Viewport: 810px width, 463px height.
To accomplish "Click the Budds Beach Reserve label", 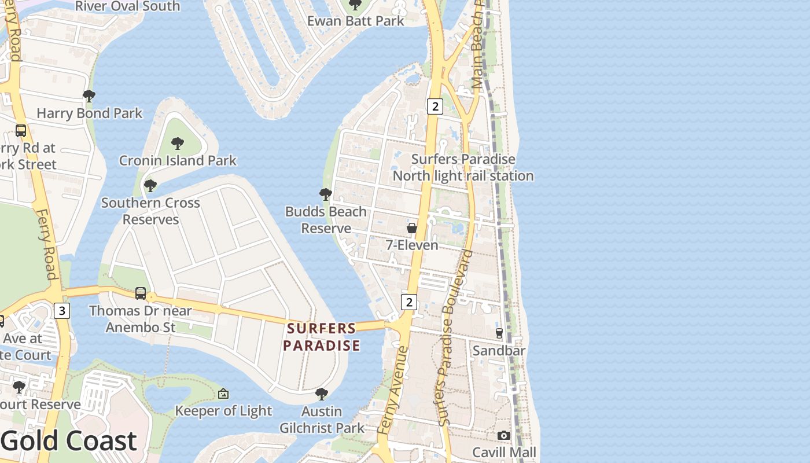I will pos(326,220).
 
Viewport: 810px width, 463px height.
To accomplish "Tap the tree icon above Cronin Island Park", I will pos(178,143).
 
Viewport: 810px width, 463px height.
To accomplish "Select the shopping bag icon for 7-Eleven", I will pos(412,228).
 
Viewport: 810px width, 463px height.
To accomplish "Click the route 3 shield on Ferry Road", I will pos(62,311).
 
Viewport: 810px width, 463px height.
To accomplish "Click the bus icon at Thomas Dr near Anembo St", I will pos(141,293).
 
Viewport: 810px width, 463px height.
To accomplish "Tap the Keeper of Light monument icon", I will pos(223,394).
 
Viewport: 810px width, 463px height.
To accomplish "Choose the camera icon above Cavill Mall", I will pos(504,435).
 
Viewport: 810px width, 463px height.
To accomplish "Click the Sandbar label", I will pos(499,351).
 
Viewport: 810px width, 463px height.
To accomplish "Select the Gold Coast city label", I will pos(68,441).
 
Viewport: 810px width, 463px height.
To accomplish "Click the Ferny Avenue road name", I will pos(393,391).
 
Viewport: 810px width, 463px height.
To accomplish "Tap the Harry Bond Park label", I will pos(89,113).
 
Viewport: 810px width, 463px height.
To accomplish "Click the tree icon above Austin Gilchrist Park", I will pos(322,394).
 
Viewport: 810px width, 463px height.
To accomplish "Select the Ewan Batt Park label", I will pos(355,21).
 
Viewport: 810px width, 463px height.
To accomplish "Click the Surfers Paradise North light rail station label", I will pos(463,167).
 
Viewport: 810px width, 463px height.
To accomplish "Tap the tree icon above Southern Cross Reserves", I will pos(150,186).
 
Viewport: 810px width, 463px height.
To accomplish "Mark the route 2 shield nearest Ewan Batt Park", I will pos(435,106).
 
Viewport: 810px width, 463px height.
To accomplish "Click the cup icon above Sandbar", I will pos(499,333).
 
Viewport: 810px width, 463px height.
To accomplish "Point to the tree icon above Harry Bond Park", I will pos(89,95).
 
